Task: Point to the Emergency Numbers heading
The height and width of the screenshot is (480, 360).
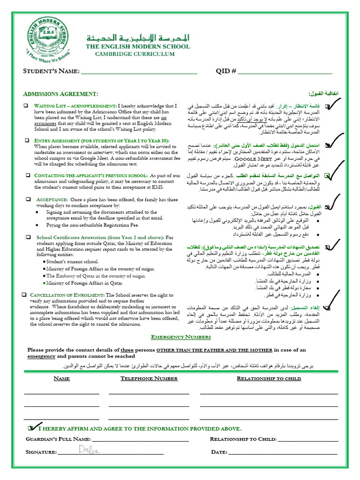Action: tap(180, 337)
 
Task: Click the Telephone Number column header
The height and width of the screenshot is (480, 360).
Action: tap(149, 378)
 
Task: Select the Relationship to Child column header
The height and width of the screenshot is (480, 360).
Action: tap(269, 378)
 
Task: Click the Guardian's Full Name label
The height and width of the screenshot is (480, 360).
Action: tap(58, 439)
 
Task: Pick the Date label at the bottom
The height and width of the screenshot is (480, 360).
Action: tap(219, 452)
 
